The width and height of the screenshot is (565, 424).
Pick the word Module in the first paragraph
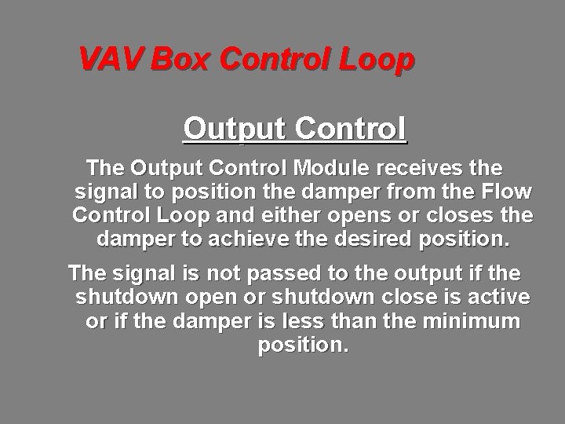[326, 168]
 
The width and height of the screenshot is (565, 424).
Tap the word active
[497, 298]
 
